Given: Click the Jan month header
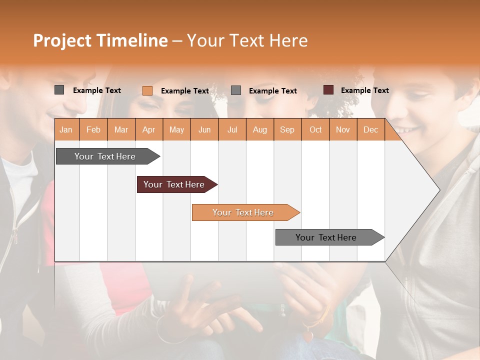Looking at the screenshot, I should pos(66,129).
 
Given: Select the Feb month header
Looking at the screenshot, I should pos(93,129).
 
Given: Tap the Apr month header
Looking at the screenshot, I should pos(148,129).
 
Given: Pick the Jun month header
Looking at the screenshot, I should pos(204,129).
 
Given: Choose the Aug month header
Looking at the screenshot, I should pos(259,129).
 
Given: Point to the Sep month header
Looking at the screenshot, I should pos(287,129).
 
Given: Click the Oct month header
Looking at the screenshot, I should pos(315,129).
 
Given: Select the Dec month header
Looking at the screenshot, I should pos(370,129).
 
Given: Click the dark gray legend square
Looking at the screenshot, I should pos(59,90).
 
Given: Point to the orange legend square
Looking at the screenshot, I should pos(147,90).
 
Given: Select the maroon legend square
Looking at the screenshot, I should pos(328,90).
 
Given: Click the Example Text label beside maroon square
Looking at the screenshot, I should pos(364,90).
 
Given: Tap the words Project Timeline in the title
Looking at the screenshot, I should pos(100,40).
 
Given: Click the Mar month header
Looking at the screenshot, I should pos(121,129).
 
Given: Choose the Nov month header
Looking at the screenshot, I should pos(343,129).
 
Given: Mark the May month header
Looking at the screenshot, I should pos(176,129).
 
